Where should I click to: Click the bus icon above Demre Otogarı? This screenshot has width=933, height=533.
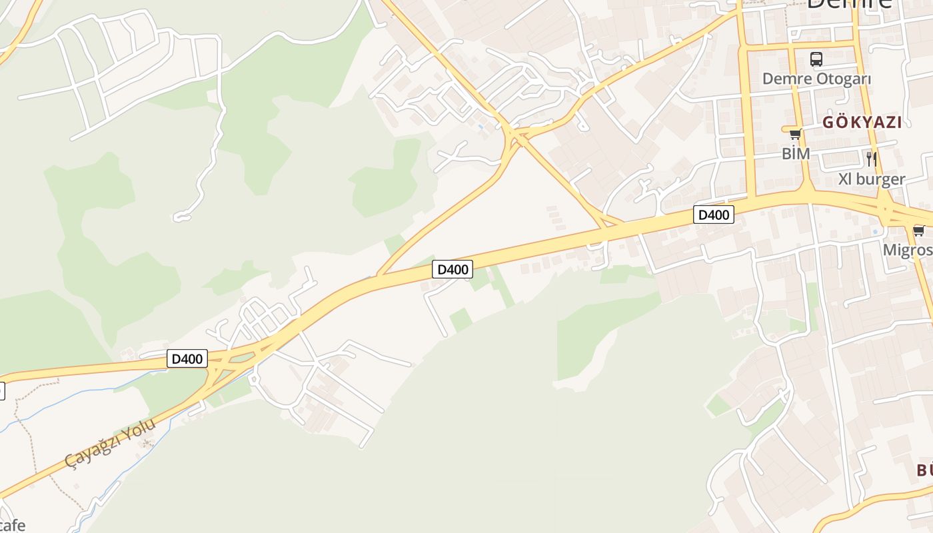tap(816, 59)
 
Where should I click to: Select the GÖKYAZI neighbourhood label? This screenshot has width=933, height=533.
tap(862, 123)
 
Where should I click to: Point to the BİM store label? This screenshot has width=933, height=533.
tap(796, 154)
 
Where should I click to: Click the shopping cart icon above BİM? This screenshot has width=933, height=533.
tap(795, 135)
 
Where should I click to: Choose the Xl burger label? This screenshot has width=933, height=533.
tap(872, 179)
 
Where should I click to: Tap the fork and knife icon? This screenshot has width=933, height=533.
tap(871, 159)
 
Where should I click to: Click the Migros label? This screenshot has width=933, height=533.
tap(907, 251)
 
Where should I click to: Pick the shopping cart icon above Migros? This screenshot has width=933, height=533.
tap(919, 231)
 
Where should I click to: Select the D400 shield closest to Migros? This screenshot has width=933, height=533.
tap(714, 215)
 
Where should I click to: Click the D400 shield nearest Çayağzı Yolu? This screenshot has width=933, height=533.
tap(187, 359)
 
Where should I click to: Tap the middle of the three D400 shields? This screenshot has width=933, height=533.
tap(453, 269)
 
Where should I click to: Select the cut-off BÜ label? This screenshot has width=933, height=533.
tap(924, 470)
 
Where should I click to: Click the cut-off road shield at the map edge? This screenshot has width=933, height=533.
tap(2, 391)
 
